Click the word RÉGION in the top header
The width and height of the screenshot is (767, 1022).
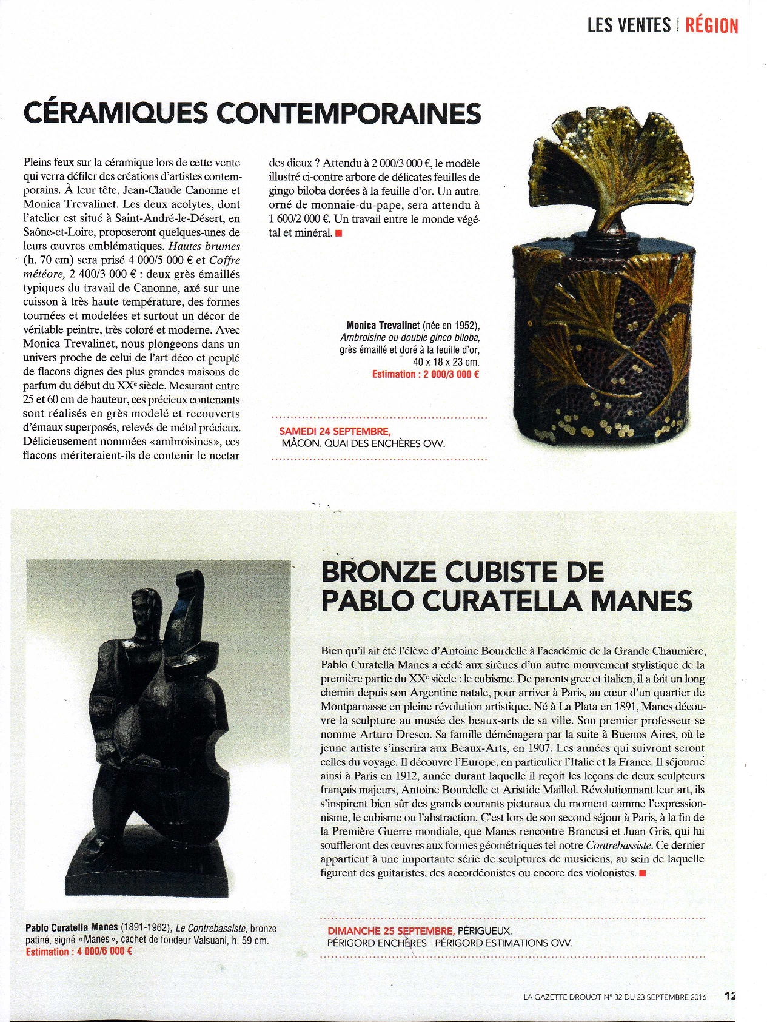(711, 25)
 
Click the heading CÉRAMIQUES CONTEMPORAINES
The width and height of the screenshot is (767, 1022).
(252, 113)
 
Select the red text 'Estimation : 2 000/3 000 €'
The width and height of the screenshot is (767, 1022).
(426, 374)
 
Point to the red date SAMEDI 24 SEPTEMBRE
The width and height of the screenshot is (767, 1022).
(335, 431)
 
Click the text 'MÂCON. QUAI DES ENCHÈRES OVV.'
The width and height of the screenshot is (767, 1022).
(363, 443)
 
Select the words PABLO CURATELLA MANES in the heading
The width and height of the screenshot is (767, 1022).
(506, 600)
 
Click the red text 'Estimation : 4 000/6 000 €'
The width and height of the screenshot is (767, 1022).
(79, 952)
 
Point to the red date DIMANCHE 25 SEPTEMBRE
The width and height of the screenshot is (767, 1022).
(390, 930)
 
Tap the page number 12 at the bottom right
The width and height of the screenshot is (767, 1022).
(730, 995)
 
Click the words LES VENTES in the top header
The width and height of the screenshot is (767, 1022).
(629, 25)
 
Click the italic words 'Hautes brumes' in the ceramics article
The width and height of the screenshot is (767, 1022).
(204, 246)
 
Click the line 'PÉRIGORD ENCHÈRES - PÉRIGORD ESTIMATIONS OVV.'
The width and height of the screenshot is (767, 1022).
(449, 943)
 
